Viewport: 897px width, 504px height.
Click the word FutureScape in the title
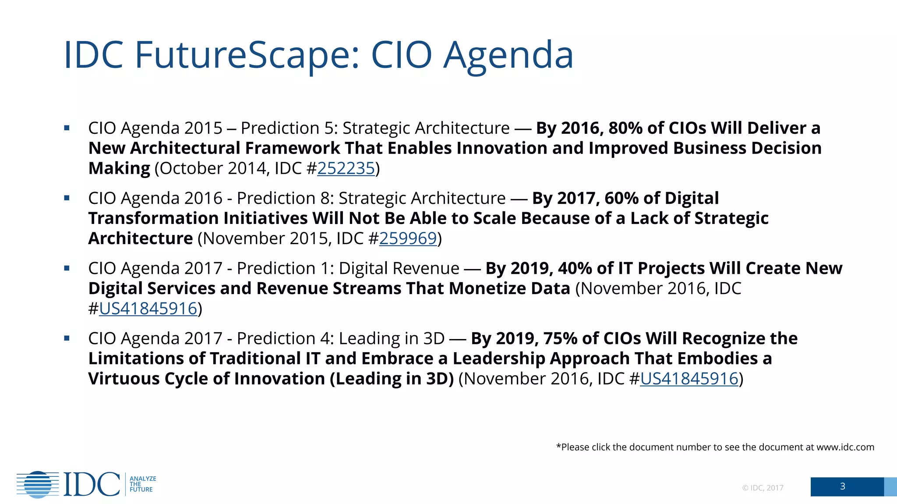247,55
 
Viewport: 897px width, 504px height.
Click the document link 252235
346,168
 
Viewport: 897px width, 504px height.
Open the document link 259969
408,238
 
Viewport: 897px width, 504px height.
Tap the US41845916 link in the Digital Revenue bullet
148,309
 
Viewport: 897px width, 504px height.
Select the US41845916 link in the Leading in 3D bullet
689,379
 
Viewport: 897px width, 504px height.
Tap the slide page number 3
842,486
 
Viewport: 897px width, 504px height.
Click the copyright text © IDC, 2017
763,488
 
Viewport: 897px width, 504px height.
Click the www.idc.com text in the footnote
845,447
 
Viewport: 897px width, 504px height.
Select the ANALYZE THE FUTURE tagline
142,484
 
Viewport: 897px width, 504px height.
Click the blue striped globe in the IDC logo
38,484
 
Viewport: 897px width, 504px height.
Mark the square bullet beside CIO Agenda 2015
67,128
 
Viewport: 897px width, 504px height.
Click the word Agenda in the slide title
508,55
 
